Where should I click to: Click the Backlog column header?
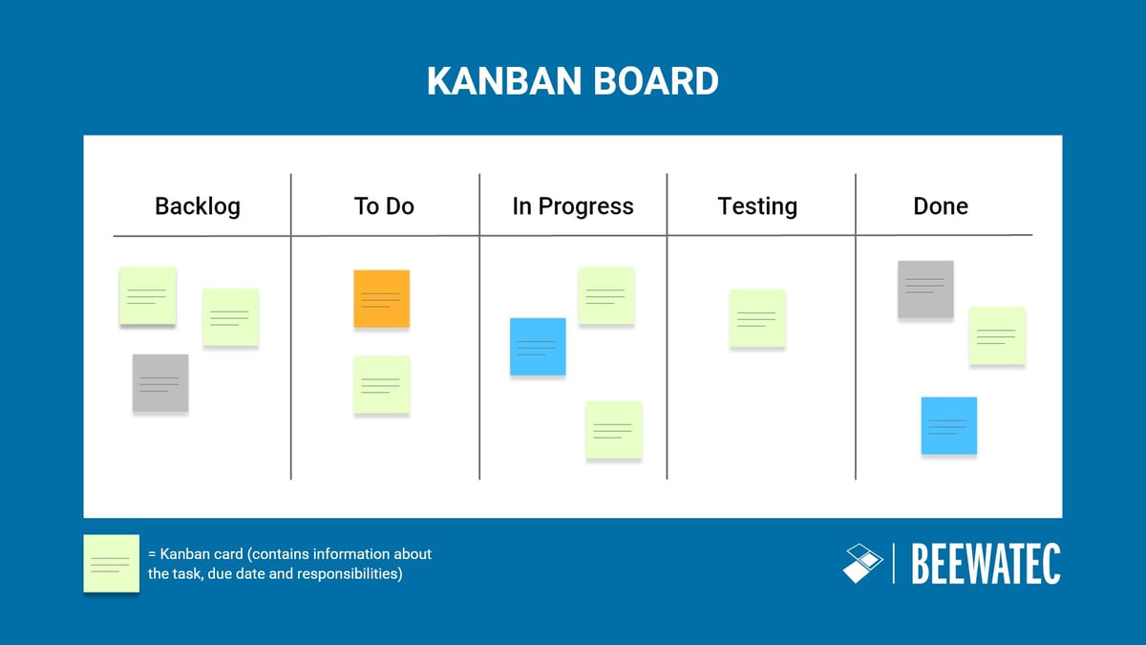point(198,206)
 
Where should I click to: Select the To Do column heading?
point(384,206)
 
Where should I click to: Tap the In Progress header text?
point(573,206)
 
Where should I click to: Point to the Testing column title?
point(757,206)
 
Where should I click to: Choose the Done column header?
point(941,206)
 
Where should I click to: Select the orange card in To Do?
point(382,299)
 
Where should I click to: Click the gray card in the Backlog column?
point(160,383)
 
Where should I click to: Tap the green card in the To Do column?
point(382,385)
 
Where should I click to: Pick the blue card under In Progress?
point(538,347)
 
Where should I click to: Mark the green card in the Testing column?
point(757,318)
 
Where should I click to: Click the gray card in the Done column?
point(925,290)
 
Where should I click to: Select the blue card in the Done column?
point(949,426)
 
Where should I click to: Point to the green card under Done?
point(998,336)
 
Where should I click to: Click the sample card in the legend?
point(111,564)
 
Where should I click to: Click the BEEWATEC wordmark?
point(987,564)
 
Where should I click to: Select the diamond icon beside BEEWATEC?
point(862,563)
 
